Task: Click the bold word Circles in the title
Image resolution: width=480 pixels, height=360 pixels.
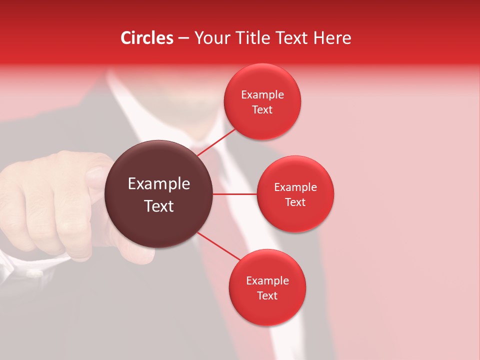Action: pyautogui.click(x=147, y=38)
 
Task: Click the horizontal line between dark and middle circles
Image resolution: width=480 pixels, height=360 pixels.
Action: pyautogui.click(x=235, y=194)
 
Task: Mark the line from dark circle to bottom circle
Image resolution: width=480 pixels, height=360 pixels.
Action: pyautogui.click(x=219, y=246)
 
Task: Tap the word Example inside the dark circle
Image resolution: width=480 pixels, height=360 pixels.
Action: pyautogui.click(x=159, y=184)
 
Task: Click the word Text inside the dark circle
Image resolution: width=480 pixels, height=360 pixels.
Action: pyautogui.click(x=159, y=206)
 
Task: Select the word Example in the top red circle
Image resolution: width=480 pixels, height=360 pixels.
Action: pyautogui.click(x=262, y=95)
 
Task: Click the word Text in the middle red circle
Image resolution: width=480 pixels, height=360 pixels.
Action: pyautogui.click(x=295, y=202)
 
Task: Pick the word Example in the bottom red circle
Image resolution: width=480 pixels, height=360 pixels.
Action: pyautogui.click(x=267, y=281)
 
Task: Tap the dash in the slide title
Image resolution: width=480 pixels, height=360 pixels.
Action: pyautogui.click(x=183, y=38)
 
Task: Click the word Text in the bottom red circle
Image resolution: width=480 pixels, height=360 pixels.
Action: pyautogui.click(x=267, y=295)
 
